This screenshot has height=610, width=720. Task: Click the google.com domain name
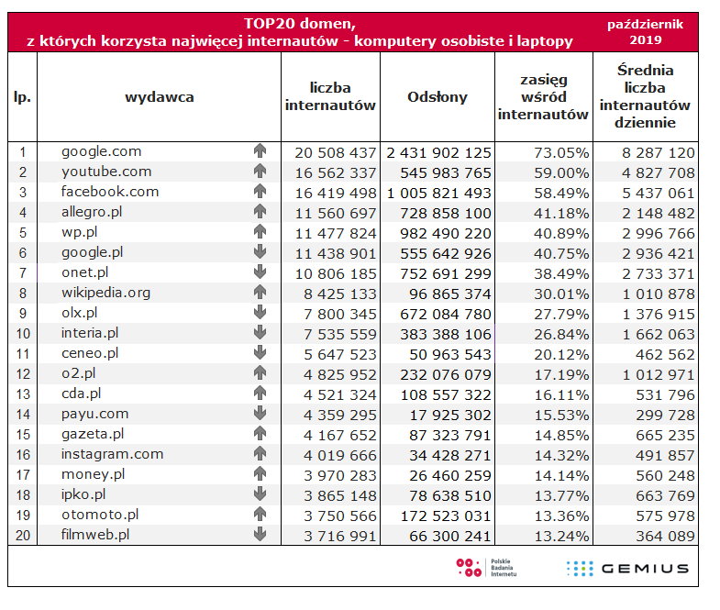tap(101, 151)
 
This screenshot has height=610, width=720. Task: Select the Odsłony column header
tap(438, 97)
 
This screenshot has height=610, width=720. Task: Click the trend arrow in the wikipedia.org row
tap(260, 294)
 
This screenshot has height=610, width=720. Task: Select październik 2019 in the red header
tap(645, 32)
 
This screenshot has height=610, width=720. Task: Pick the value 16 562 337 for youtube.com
tap(331, 172)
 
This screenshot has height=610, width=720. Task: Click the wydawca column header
tap(159, 97)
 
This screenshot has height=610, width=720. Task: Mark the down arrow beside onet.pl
tap(260, 273)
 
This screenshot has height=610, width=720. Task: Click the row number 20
tap(22, 535)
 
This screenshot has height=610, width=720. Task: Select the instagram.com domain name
tap(112, 454)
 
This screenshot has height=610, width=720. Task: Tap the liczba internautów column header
tap(330, 97)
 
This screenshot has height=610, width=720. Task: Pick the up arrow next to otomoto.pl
tap(260, 515)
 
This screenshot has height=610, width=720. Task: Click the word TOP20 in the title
tap(271, 23)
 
